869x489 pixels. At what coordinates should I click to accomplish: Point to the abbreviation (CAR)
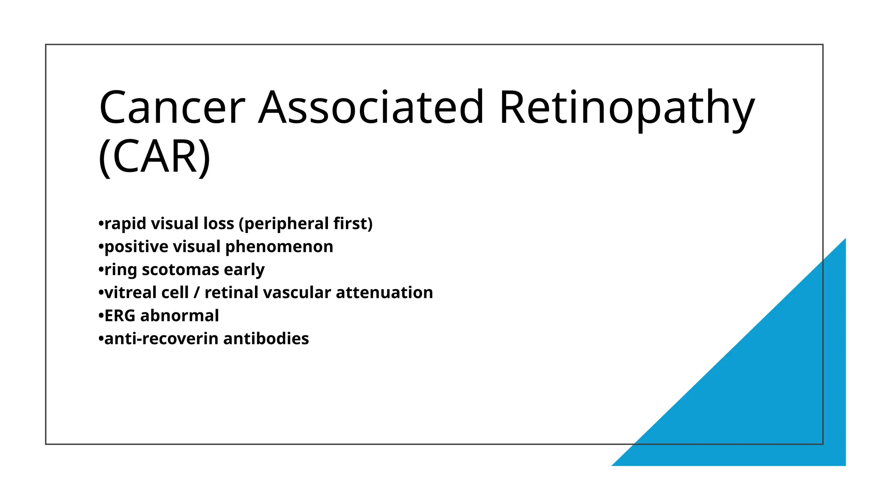click(154, 157)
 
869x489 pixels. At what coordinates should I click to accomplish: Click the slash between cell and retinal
click(196, 293)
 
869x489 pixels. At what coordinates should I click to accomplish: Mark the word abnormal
click(179, 316)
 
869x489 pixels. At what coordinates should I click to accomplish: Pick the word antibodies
click(266, 339)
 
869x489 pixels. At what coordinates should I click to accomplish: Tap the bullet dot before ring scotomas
click(101, 270)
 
